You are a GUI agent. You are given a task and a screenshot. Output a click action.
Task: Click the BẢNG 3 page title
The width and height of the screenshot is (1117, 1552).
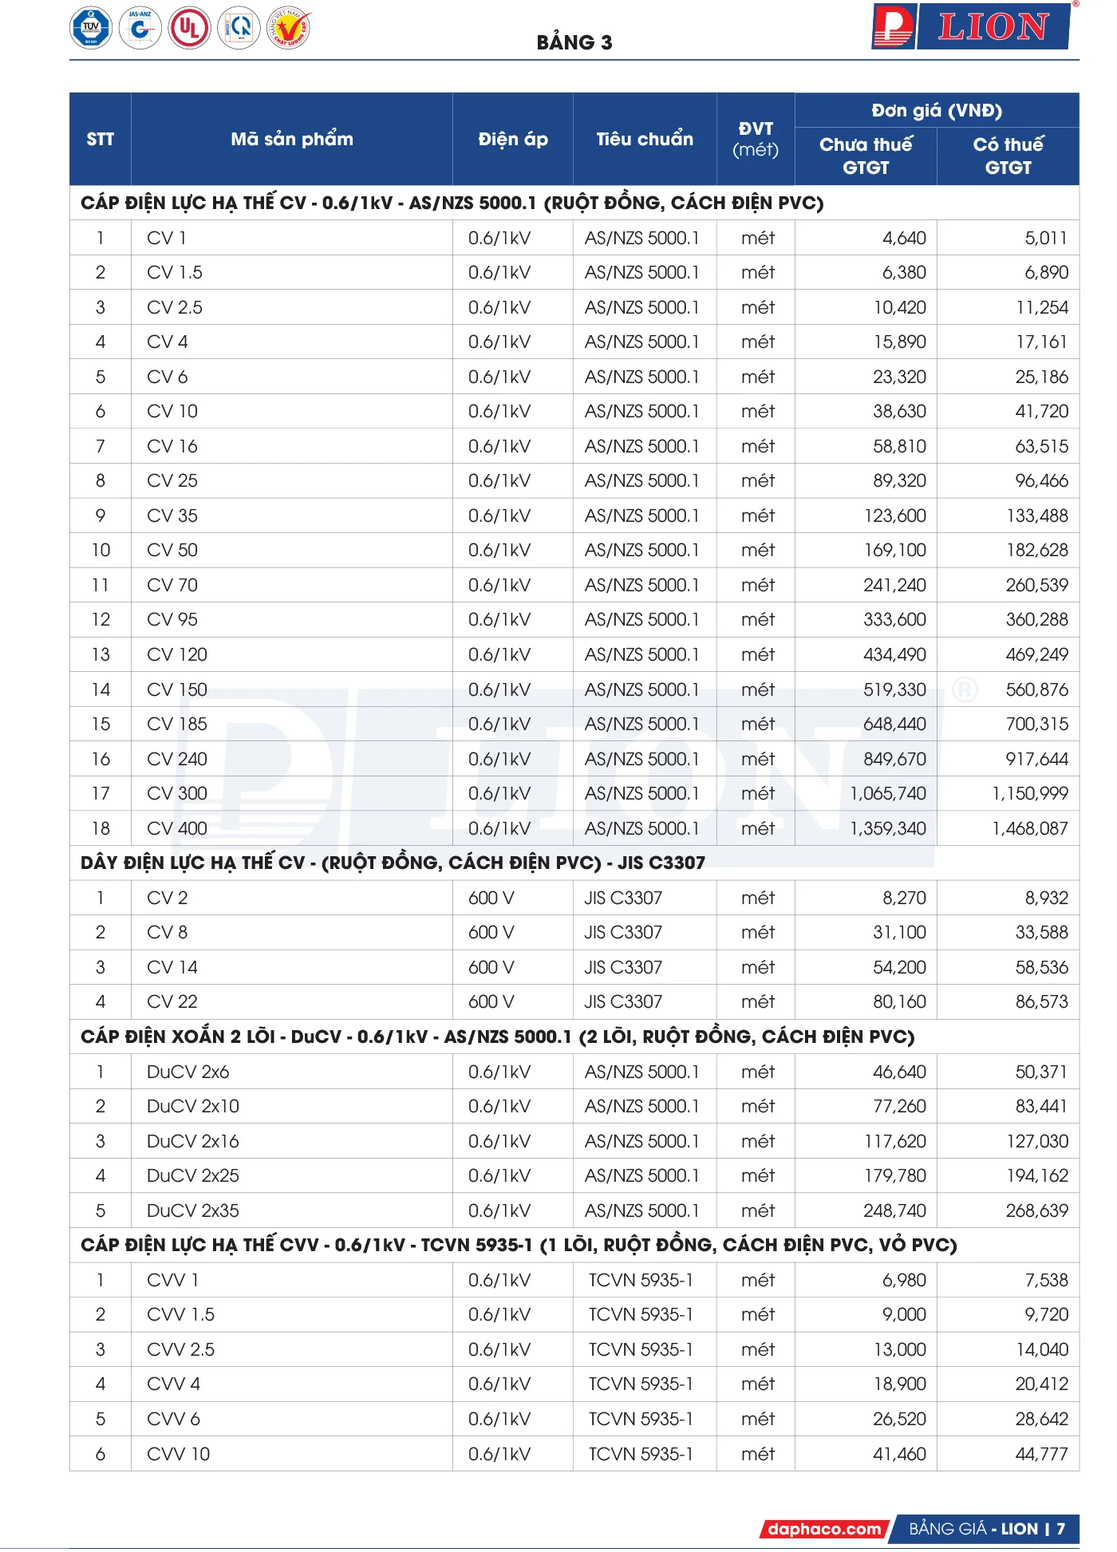574,42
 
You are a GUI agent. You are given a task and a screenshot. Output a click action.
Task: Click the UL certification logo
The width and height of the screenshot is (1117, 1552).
189,28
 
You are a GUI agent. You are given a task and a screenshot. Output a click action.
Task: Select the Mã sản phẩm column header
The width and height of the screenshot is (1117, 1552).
291,139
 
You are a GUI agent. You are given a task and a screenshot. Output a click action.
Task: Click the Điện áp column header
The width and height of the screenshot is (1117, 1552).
512,139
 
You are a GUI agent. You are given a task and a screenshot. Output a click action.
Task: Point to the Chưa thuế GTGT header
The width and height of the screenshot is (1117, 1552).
865,156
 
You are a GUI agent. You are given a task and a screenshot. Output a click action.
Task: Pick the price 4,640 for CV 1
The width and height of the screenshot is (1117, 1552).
904,238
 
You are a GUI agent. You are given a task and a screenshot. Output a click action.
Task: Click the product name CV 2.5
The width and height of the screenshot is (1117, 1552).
175,307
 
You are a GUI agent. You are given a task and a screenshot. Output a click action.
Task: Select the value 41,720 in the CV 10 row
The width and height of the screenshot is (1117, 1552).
1041,411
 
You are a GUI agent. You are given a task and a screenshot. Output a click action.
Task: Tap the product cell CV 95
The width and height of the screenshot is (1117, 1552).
172,619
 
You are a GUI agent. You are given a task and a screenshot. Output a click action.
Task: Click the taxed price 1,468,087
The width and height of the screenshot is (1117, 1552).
1029,828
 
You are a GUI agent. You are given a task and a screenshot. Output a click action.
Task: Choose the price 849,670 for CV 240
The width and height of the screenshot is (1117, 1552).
894,759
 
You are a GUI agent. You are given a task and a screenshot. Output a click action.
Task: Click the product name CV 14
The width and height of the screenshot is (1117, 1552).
172,967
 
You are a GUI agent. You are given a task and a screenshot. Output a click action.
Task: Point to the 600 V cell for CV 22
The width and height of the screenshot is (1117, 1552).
491,1001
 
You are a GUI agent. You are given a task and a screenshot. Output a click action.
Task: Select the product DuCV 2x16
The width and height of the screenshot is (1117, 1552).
193,1141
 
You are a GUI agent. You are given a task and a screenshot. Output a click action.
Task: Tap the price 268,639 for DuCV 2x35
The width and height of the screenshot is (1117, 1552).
1036,1210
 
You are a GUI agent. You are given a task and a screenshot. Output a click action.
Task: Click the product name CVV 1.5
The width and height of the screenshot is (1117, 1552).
180,1314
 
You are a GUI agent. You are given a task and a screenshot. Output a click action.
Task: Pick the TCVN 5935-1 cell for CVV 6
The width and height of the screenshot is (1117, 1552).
641,1419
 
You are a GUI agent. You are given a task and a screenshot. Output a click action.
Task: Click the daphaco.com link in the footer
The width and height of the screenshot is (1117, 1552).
824,1529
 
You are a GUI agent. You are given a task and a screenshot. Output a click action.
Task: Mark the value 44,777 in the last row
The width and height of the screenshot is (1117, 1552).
1041,1454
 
